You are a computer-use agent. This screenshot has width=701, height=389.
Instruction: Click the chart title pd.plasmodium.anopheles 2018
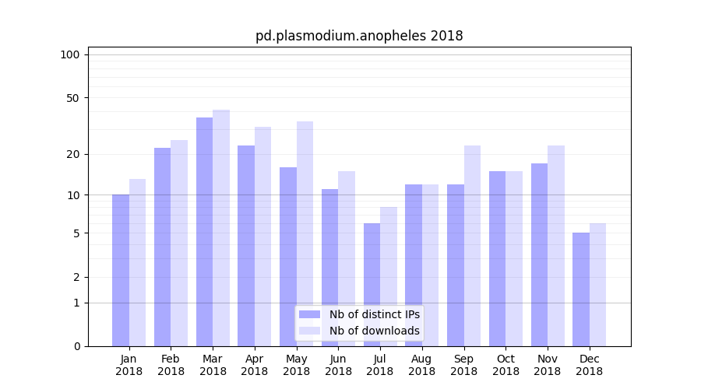coord(359,36)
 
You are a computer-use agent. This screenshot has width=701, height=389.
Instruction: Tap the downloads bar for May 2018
coord(305,233)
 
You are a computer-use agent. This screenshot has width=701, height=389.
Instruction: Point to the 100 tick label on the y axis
coord(70,54)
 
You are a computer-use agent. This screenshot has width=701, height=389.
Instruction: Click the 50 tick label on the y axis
coord(72,98)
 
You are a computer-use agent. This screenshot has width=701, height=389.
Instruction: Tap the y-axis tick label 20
coord(72,154)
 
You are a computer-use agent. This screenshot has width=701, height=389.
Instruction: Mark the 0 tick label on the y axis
coord(76,346)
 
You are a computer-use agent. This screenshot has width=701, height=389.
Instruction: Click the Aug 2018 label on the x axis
coord(421,365)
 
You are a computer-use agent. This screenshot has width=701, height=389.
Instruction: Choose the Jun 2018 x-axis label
coord(338,365)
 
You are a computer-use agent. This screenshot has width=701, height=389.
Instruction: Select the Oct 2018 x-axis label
coord(505,365)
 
